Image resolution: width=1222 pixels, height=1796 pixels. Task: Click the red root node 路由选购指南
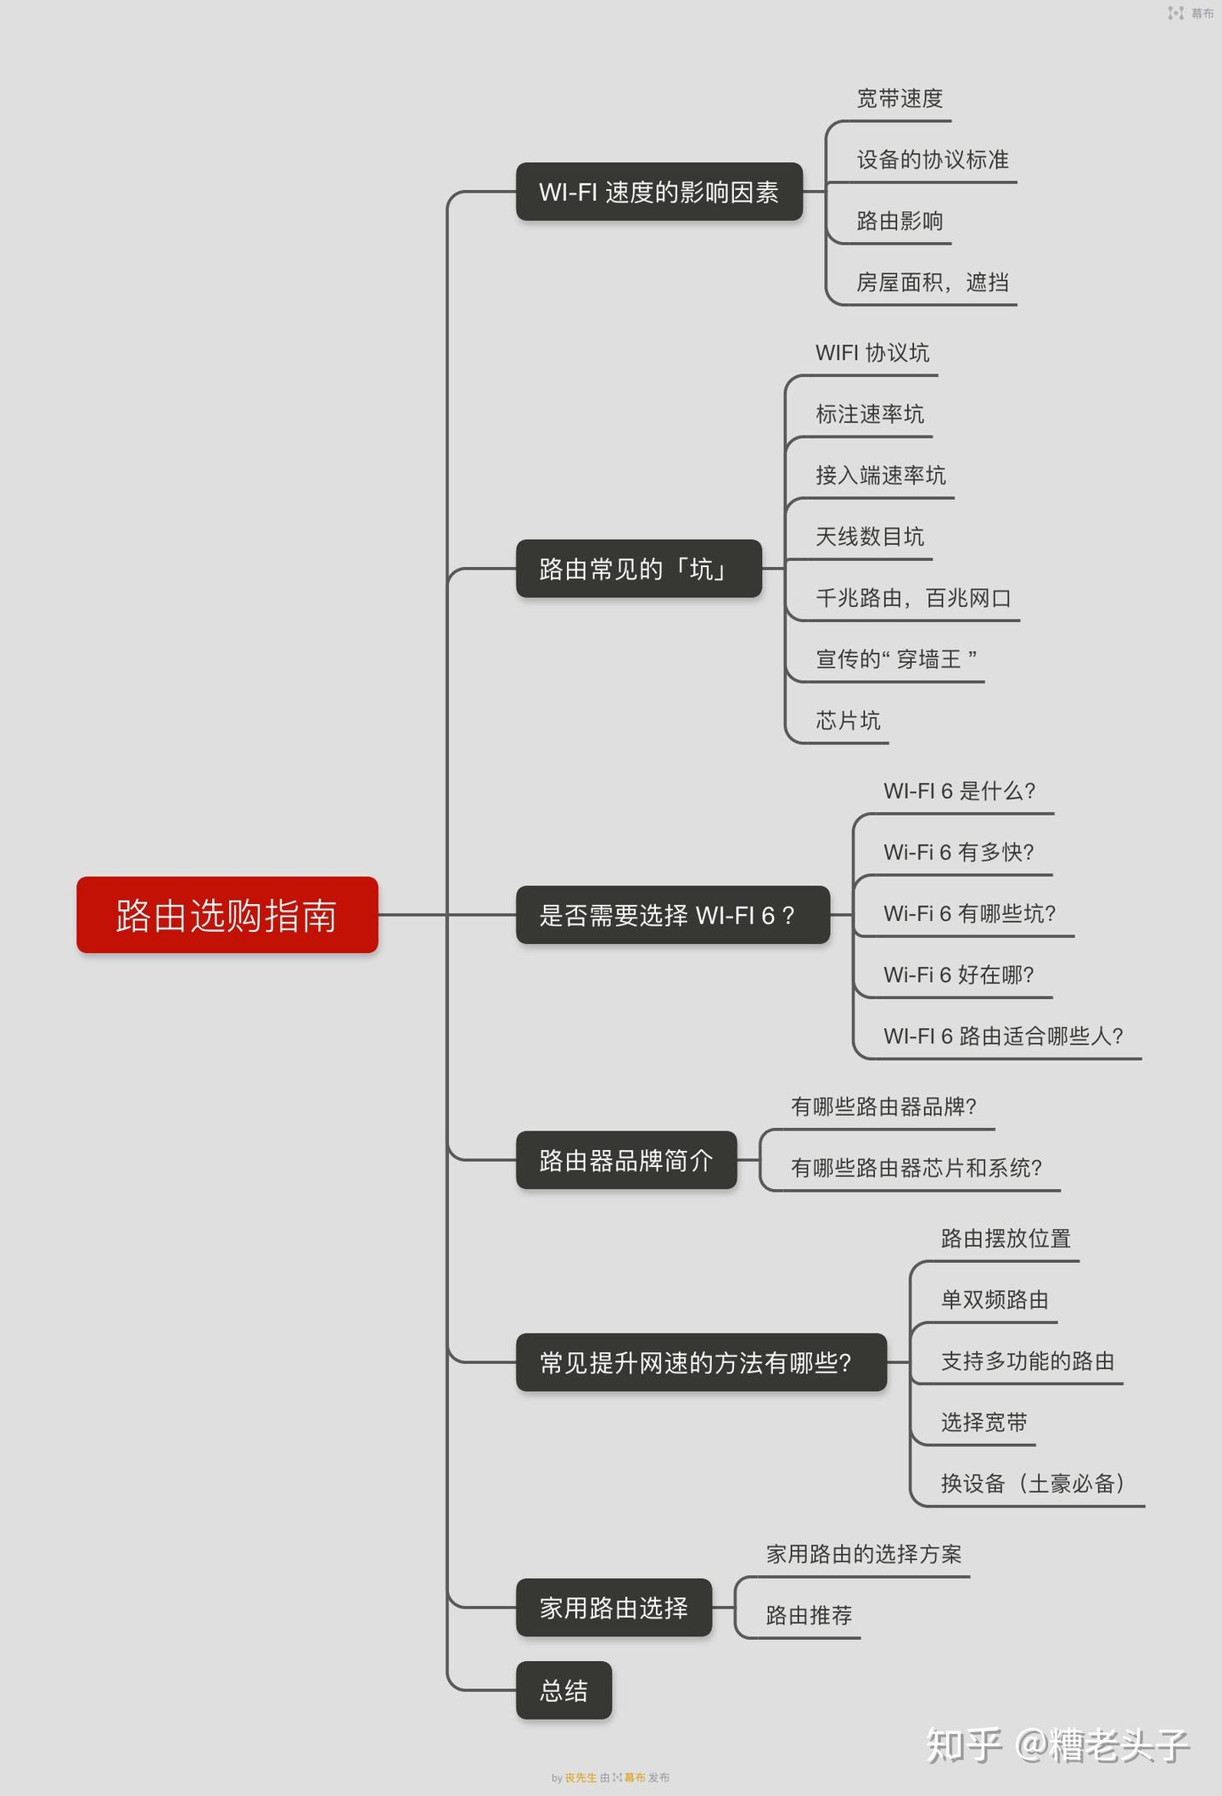(x=227, y=915)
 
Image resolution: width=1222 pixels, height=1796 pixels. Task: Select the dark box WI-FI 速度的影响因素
(x=659, y=192)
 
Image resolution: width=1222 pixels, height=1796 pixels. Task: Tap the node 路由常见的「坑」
(x=638, y=569)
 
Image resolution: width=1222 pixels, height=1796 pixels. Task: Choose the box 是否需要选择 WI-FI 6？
(x=672, y=915)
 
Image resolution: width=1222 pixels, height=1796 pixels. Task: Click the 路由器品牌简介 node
(x=626, y=1160)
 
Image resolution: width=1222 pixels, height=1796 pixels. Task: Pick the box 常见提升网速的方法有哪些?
(x=701, y=1362)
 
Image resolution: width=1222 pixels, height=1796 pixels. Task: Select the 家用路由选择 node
(x=614, y=1608)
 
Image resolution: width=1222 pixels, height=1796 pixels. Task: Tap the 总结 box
(x=563, y=1691)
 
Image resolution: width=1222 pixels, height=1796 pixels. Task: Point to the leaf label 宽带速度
(x=900, y=98)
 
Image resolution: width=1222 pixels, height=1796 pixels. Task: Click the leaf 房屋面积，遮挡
(x=933, y=282)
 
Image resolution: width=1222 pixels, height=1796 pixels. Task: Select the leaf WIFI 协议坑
(x=872, y=353)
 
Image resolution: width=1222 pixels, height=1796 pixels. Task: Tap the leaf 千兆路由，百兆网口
(x=913, y=598)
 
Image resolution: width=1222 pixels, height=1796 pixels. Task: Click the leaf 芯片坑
(x=848, y=721)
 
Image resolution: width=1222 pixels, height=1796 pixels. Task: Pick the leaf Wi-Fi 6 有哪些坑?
(x=969, y=913)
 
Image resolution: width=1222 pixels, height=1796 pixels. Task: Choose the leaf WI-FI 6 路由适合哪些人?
(x=1003, y=1036)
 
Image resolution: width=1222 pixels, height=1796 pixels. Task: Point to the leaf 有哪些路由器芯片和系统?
(x=916, y=1168)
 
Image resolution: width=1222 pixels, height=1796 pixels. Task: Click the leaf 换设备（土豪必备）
(x=1033, y=1484)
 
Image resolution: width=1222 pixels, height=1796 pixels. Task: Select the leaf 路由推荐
(x=809, y=1615)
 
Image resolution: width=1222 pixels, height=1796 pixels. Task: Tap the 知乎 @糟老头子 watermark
(x=1057, y=1745)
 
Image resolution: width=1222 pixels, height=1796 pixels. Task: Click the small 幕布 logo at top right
(x=1191, y=14)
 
